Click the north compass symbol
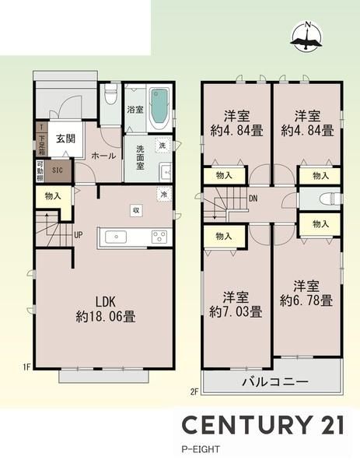(306, 37)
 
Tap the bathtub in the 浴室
(159, 109)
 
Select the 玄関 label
(65, 139)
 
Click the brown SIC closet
(58, 170)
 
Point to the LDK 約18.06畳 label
(106, 309)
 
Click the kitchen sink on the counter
(116, 237)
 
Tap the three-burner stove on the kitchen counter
(159, 237)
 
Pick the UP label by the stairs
(79, 235)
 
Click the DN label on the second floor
(253, 198)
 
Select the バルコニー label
(274, 381)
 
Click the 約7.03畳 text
(236, 312)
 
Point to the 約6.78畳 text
(306, 300)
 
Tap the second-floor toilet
(328, 198)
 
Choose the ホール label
(103, 156)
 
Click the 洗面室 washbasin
(165, 172)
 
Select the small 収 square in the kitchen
(136, 211)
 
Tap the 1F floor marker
(26, 367)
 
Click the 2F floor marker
(194, 392)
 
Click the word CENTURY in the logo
(246, 425)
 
